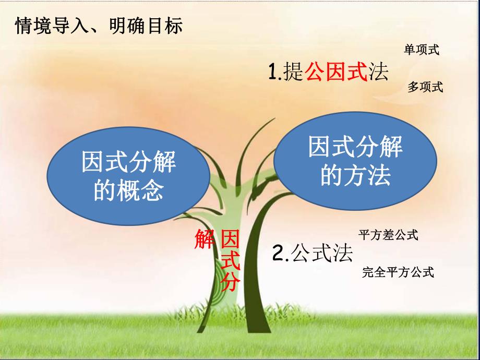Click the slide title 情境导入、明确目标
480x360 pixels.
[x=99, y=26]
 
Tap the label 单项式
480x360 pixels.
[x=422, y=50]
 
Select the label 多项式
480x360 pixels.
[x=425, y=88]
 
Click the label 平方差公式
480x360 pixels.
[x=389, y=235]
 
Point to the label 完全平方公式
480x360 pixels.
[x=398, y=272]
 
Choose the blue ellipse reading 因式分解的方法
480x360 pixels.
[x=355, y=162]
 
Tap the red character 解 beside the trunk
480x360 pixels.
[x=205, y=241]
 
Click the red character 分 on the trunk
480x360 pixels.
[x=230, y=282]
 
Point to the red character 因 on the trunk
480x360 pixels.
[x=230, y=241]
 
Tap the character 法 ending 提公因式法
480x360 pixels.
[x=379, y=73]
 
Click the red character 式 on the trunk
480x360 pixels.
[x=230, y=261]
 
